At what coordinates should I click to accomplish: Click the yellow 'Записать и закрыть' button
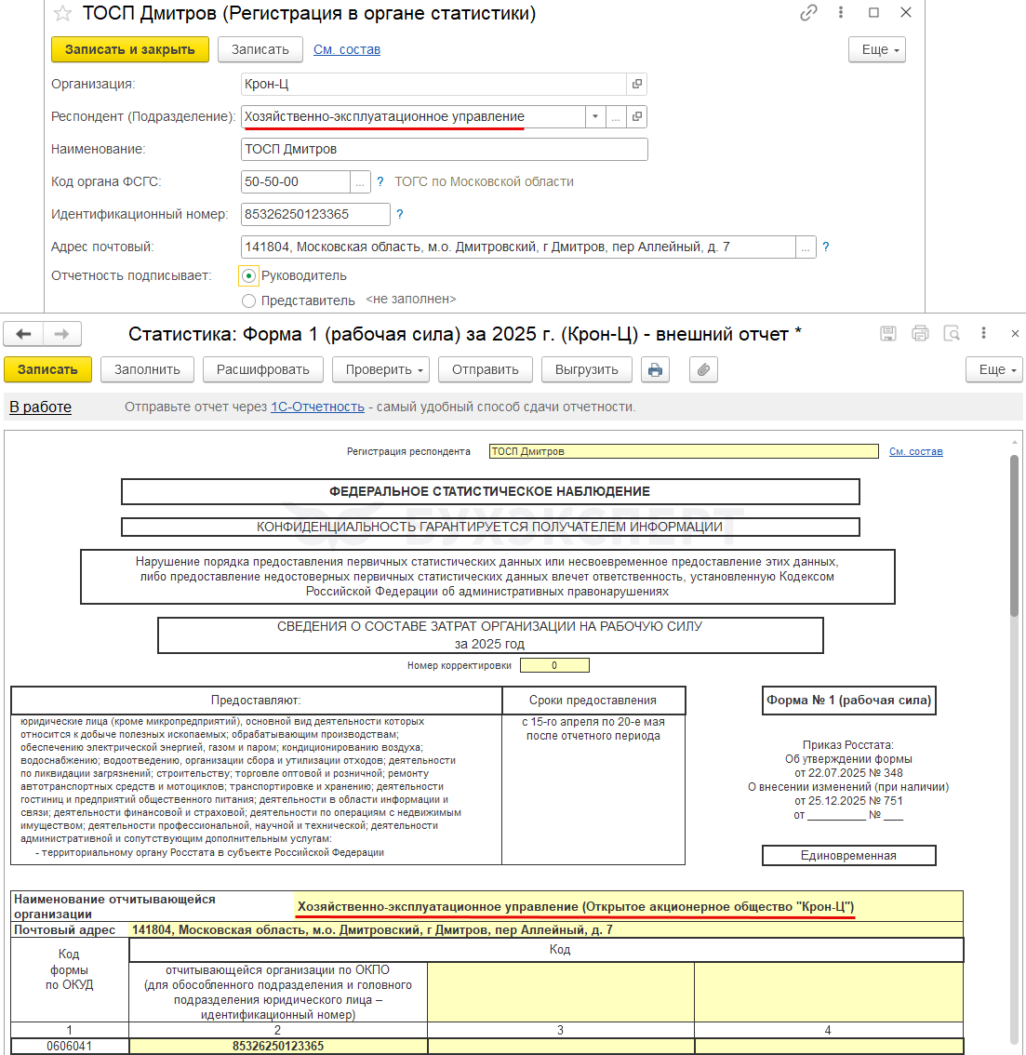tap(129, 49)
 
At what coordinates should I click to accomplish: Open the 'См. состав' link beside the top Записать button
tap(347, 49)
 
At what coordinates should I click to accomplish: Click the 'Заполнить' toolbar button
tap(147, 369)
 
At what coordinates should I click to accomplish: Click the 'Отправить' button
tap(485, 369)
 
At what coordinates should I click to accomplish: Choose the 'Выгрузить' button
tap(586, 369)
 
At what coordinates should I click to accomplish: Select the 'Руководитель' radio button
tap(248, 275)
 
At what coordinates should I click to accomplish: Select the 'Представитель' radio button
tap(248, 300)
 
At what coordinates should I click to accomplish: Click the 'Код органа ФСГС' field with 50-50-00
tap(295, 181)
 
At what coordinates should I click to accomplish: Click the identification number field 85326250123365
tap(314, 214)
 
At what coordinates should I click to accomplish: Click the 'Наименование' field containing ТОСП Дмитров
tap(443, 149)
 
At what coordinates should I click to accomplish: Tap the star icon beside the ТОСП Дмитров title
tap(62, 14)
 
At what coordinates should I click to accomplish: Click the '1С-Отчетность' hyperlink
tap(317, 407)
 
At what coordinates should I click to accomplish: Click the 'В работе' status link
tap(40, 407)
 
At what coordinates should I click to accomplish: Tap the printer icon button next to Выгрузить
tap(655, 369)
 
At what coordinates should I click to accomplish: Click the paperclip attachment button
tap(704, 369)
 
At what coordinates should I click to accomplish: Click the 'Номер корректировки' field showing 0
tap(554, 665)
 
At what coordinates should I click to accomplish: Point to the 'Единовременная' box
tap(848, 855)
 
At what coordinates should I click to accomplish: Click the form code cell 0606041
tap(69, 1046)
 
